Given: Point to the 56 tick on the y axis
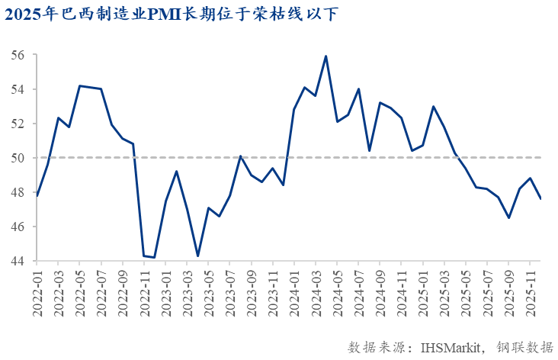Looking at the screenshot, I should (x=18, y=56).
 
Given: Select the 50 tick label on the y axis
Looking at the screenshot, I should (x=18, y=158).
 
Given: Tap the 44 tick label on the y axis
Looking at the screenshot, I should (x=18, y=262).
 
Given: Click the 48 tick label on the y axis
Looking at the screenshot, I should (x=18, y=193).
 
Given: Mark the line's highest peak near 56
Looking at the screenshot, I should (x=326, y=56).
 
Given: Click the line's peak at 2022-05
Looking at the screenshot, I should (x=80, y=85).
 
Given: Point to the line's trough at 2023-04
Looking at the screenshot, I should (x=197, y=256).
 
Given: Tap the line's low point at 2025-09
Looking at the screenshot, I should (x=508, y=218).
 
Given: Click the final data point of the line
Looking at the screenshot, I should (x=541, y=199).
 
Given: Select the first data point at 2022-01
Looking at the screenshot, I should (x=37, y=196).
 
